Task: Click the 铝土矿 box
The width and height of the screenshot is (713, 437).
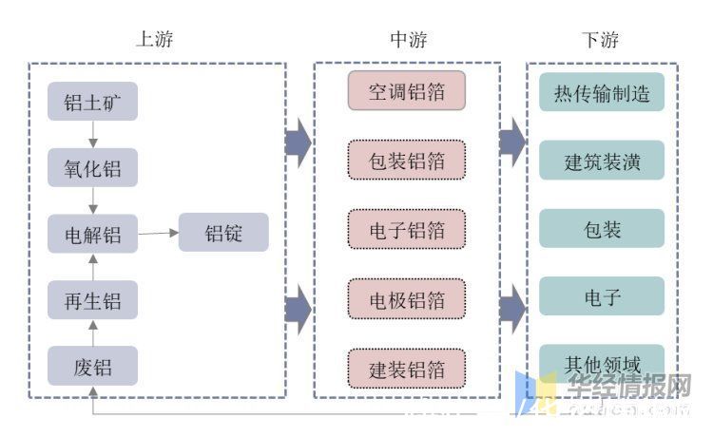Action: click(92, 102)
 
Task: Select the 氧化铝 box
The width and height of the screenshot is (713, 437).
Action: click(92, 167)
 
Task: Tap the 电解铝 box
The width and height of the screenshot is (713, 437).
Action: click(92, 234)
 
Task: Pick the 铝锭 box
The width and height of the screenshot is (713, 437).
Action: click(223, 233)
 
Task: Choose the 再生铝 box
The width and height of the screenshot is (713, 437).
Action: click(92, 300)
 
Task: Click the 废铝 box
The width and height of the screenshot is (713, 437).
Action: click(92, 366)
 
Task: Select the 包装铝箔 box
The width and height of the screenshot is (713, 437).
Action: click(406, 161)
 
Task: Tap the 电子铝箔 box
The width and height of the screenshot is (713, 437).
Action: click(406, 229)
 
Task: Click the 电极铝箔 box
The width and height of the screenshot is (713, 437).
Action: click(406, 299)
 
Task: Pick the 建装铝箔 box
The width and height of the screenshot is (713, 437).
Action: click(406, 368)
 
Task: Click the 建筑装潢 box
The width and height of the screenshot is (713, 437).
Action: click(602, 161)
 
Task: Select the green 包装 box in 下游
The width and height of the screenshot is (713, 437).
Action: click(602, 229)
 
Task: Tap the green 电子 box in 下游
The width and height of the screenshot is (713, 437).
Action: click(602, 296)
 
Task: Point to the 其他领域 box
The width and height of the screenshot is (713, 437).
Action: click(602, 363)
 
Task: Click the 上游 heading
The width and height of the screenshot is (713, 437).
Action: click(155, 39)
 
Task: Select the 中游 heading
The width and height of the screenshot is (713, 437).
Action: click(409, 39)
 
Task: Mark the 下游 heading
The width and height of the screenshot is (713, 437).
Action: click(600, 39)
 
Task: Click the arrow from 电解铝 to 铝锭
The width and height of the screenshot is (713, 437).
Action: click(158, 233)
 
